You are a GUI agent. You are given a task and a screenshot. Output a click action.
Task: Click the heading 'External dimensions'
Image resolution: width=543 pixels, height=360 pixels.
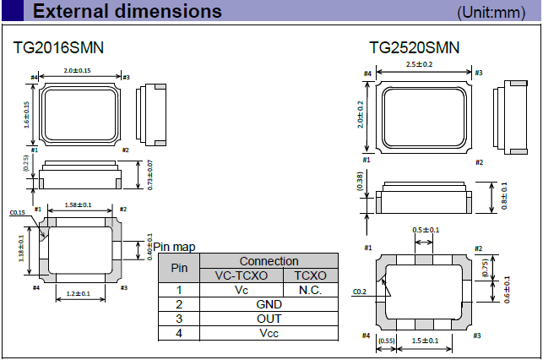[128, 12]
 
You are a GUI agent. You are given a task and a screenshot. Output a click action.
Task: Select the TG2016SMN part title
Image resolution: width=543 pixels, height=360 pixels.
[59, 47]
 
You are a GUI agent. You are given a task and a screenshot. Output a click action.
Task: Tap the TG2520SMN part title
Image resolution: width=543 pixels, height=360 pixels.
[415, 47]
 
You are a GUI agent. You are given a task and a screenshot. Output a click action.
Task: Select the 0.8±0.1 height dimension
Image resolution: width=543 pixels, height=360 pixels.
[505, 197]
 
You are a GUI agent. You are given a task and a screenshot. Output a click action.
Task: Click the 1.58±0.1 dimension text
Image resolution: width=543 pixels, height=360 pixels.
[78, 205]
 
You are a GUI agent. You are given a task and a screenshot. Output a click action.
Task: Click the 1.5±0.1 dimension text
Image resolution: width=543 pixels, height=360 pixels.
[423, 340]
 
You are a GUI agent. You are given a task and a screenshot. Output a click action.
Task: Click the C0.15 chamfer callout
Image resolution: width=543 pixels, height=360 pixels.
[17, 214]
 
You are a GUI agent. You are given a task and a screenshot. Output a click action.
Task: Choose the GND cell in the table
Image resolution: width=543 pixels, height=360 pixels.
[269, 304]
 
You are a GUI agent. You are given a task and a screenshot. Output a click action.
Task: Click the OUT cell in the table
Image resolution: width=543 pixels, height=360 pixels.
[269, 319]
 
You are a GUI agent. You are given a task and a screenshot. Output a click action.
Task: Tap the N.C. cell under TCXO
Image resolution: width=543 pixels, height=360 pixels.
[312, 290]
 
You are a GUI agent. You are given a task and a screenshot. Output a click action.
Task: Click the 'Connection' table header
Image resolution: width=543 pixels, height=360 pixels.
[269, 262]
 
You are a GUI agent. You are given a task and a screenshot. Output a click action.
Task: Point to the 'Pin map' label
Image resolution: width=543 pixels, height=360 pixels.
[174, 247]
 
